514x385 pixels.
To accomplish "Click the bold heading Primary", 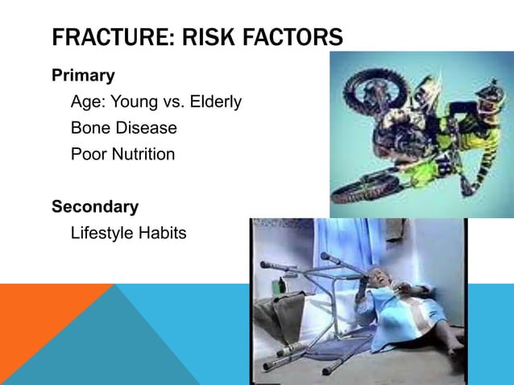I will [x=83, y=76].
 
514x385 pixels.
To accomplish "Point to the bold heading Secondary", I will [x=95, y=207].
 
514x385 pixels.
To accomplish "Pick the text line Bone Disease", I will [x=124, y=128].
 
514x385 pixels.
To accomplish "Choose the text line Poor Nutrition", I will [x=122, y=154].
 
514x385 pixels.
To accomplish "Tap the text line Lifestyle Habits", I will [x=129, y=234].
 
